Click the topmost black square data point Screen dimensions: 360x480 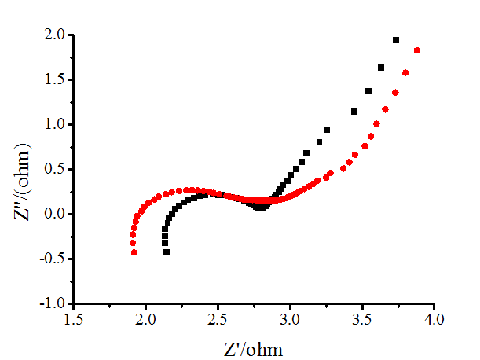[396, 40]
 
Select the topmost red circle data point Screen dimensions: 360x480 [417, 51]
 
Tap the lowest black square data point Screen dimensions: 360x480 [167, 252]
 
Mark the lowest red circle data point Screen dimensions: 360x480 [134, 252]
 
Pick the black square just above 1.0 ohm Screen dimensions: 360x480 [354, 112]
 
